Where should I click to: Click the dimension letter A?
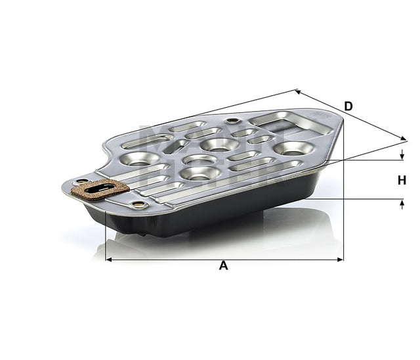[223, 266]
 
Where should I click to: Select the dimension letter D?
[348, 106]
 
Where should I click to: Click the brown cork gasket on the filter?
[100, 191]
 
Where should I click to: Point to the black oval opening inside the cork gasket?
[99, 191]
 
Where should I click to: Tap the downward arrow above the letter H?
[402, 156]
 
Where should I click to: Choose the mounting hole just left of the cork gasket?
[81, 181]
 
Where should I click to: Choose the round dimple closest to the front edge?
[199, 173]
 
